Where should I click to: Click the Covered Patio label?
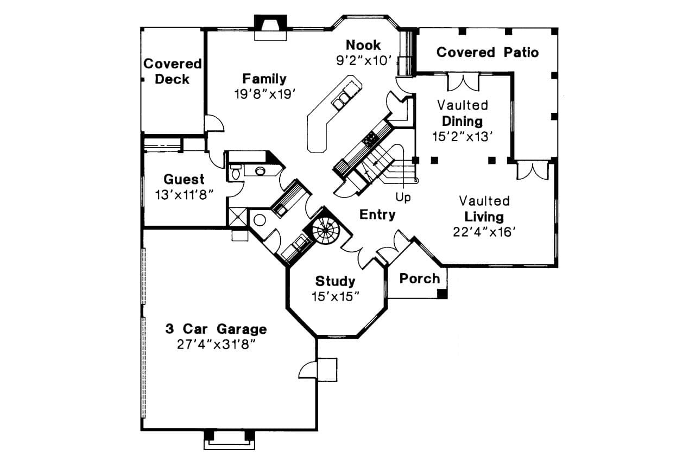(487, 52)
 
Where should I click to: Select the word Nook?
(363, 45)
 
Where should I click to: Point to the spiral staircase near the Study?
(325, 232)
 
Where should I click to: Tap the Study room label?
(335, 281)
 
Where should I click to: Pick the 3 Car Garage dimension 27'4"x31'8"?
(216, 344)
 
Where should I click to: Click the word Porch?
(419, 278)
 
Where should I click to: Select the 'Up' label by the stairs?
(403, 198)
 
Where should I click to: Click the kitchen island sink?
(343, 100)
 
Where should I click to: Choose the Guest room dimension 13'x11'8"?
(184, 194)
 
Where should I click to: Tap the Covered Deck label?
(172, 71)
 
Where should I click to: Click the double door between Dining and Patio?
(463, 83)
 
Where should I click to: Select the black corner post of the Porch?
(443, 294)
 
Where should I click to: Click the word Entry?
(377, 215)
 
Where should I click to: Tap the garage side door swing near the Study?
(307, 369)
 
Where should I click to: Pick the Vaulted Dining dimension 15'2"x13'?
(462, 136)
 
